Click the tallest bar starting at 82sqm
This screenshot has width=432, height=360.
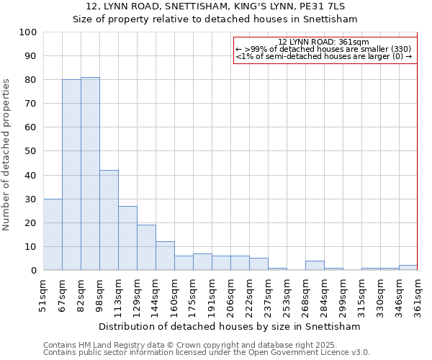pos(90,174)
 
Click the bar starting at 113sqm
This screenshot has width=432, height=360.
pos(127,238)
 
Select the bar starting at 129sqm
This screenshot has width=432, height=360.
pos(146,248)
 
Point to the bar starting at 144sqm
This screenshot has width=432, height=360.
pos(165,256)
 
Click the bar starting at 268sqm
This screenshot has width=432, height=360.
pos(315,266)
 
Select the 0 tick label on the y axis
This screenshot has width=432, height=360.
pos(33,271)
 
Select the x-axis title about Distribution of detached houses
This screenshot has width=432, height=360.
pos(230,326)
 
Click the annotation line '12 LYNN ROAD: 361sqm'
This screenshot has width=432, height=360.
pos(323,42)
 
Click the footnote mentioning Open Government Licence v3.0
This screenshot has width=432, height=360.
pos(207,353)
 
